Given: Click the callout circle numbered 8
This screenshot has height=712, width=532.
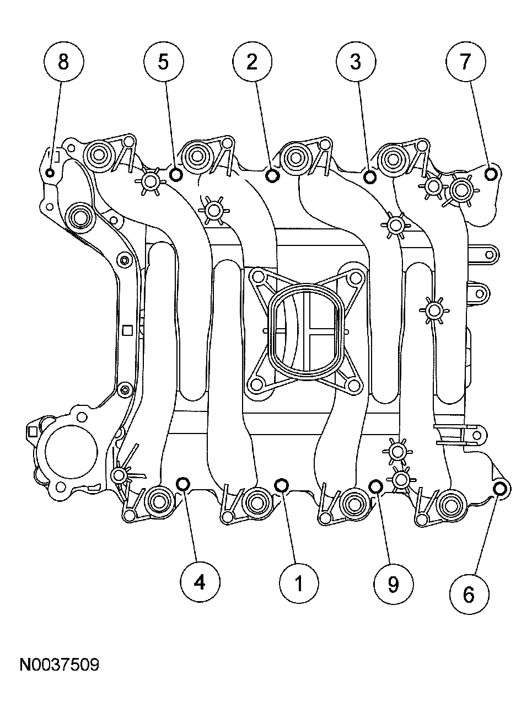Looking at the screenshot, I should [x=63, y=62].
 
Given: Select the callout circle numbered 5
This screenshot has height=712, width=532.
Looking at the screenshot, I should [x=163, y=62].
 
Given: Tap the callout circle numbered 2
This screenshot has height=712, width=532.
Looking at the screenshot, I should [x=251, y=62].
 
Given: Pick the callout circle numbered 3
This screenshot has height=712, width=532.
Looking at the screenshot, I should [x=356, y=62].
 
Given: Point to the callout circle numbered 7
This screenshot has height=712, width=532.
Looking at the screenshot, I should [x=466, y=62].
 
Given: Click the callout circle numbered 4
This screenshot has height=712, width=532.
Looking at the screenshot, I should [x=200, y=582].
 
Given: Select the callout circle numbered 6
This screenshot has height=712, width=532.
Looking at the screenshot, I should [x=469, y=595].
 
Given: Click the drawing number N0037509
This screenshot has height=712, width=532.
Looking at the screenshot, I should [x=60, y=665].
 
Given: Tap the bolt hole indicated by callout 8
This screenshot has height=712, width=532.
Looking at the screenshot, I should [x=50, y=173].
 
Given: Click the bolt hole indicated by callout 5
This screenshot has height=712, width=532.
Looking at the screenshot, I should [x=176, y=175].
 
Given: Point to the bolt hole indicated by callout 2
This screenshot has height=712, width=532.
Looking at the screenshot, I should [x=272, y=175].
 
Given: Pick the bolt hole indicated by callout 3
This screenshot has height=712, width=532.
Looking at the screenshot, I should [x=370, y=176].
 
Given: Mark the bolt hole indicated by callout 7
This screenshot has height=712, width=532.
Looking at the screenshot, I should [x=491, y=174].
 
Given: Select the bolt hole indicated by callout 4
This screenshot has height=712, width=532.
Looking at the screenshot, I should [x=183, y=484].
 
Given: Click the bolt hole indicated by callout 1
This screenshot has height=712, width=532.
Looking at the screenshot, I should [x=281, y=485].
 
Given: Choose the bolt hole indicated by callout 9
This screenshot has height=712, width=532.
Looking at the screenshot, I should [x=376, y=486].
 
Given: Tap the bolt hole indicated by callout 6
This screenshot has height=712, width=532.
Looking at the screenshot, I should [x=500, y=489].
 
